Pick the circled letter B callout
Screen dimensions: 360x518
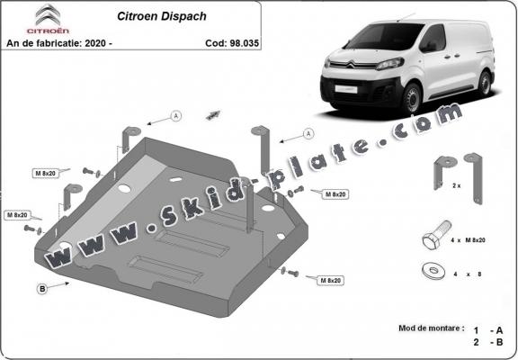pos(41,288)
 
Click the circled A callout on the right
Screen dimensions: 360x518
pos(308,133)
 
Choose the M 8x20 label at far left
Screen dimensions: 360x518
pos(19,215)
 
